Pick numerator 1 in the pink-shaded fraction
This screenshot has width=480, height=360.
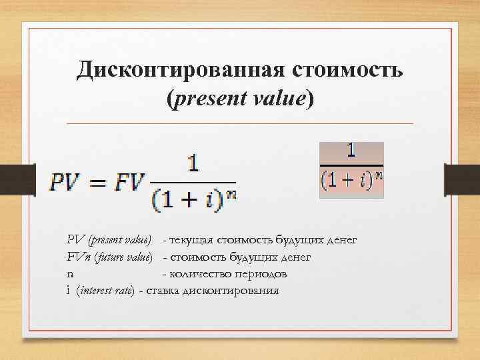pyautogui.click(x=351, y=151)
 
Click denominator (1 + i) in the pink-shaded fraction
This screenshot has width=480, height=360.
pyautogui.click(x=345, y=180)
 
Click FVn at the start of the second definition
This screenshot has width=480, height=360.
pyautogui.click(x=78, y=257)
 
